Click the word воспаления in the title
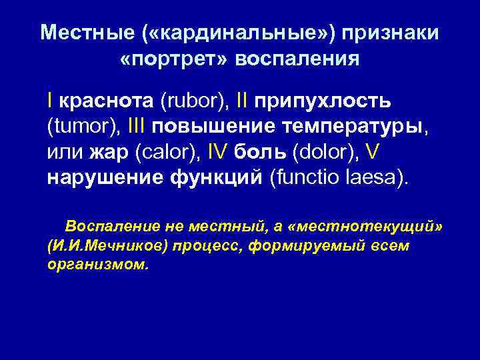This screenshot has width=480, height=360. click(x=291, y=59)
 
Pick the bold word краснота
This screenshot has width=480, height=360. click(x=107, y=101)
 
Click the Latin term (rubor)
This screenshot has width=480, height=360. click(x=194, y=101)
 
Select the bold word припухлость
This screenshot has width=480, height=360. click(x=321, y=101)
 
